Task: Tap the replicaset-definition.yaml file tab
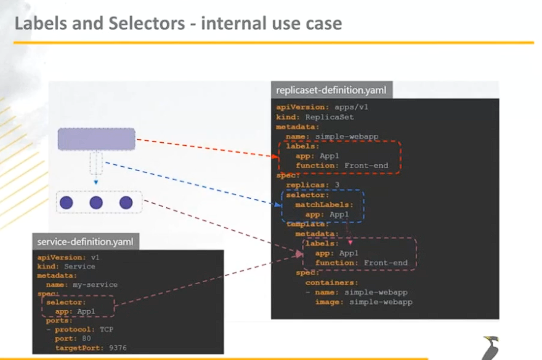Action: point(331,90)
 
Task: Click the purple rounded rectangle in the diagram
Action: point(96,139)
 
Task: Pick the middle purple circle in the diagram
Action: point(96,202)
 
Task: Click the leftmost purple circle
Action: point(67,202)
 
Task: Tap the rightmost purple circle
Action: point(126,202)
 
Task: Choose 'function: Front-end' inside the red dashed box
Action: point(341,166)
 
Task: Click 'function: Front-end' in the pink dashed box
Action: point(361,263)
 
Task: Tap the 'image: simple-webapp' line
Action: point(363,302)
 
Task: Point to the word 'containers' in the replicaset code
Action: point(325,282)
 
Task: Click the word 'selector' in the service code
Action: point(67,303)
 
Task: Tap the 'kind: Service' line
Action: point(66,266)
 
